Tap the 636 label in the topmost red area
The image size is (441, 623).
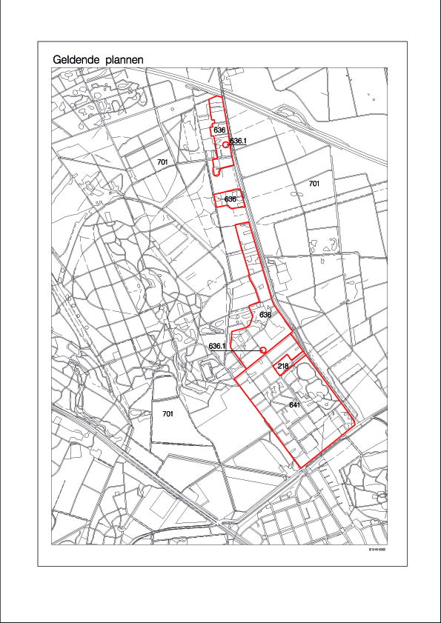(x=219, y=130)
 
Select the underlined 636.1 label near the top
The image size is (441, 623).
(x=237, y=141)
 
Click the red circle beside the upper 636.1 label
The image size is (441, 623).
(x=225, y=146)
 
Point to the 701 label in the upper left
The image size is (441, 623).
(x=163, y=161)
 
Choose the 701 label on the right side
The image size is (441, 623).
(x=314, y=182)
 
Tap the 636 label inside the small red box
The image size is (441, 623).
(x=230, y=199)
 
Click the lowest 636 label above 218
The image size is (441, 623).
(x=265, y=315)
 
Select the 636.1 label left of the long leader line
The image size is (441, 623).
(x=217, y=346)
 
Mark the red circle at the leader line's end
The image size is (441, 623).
(x=262, y=350)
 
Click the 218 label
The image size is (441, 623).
(x=282, y=367)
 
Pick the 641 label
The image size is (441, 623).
(x=294, y=405)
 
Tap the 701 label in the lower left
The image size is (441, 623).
(x=167, y=414)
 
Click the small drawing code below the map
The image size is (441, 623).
(x=379, y=550)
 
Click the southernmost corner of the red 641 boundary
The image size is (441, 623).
(x=301, y=468)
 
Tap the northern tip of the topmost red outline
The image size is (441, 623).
(x=220, y=97)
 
